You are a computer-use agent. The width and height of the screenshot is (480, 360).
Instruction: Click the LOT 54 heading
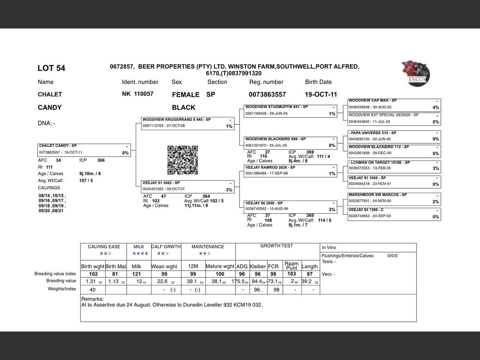pyautogui.click(x=51, y=68)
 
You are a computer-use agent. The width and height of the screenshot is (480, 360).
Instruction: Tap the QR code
pyautogui.click(x=182, y=160)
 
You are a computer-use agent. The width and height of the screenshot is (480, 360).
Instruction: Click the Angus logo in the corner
pyautogui.click(x=416, y=73)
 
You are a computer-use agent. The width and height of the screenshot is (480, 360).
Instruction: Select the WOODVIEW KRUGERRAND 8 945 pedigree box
pyautogui.click(x=187, y=123)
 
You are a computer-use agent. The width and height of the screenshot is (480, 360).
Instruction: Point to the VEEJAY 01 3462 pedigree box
pyautogui.click(x=187, y=186)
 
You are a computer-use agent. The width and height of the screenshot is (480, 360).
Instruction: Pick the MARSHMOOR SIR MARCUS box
pyautogui.click(x=394, y=198)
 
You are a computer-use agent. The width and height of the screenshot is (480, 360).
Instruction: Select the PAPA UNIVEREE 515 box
pyautogui.click(x=394, y=136)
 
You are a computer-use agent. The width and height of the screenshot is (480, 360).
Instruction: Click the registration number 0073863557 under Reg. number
pyautogui.click(x=267, y=94)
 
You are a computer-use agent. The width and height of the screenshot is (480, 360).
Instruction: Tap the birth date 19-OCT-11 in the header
pyautogui.click(x=321, y=94)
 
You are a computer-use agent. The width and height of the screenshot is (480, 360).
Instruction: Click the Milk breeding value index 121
pyautogui.click(x=136, y=274)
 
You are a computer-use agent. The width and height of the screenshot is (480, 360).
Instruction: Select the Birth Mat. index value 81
pyautogui.click(x=115, y=274)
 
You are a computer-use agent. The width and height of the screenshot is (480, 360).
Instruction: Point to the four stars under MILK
pyautogui.click(x=140, y=253)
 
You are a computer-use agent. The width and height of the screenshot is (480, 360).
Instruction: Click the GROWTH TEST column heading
pyautogui.click(x=276, y=246)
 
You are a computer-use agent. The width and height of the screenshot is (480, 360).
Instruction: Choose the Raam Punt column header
pyautogui.click(x=291, y=265)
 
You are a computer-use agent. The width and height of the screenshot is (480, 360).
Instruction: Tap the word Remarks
pyautogui.click(x=92, y=299)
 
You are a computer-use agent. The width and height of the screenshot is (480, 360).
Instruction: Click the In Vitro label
pyautogui.click(x=329, y=247)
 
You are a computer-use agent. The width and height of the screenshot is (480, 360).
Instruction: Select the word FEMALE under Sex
pyautogui.click(x=186, y=95)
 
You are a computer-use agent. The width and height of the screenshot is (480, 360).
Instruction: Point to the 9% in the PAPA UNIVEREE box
pyautogui.click(x=435, y=139)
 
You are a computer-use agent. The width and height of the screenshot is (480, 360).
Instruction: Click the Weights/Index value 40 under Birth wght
pyautogui.click(x=93, y=290)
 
